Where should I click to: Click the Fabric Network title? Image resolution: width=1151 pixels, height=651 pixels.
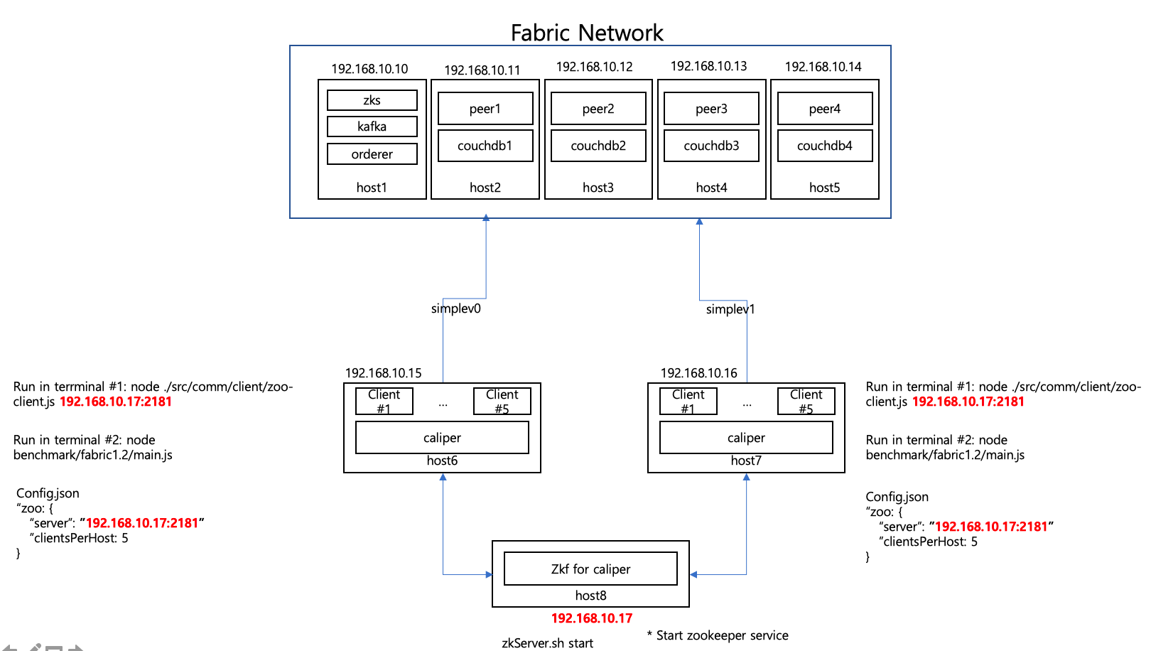587,33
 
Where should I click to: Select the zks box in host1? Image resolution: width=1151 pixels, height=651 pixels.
372,100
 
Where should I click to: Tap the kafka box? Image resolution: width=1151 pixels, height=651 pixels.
372,127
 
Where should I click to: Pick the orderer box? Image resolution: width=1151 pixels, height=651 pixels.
372,154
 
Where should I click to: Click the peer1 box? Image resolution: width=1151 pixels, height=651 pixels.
485,109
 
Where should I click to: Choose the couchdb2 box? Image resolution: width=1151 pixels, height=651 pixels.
598,146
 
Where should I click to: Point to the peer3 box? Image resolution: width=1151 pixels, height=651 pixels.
711,109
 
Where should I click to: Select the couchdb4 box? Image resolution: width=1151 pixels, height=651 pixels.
824,146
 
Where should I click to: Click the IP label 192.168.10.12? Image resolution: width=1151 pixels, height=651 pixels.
594,67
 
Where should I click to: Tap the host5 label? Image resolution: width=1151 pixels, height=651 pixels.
824,188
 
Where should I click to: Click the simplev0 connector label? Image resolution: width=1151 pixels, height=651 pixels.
456,308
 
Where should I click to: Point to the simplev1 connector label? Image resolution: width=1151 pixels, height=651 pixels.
730,309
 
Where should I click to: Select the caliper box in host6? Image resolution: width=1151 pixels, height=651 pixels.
442,438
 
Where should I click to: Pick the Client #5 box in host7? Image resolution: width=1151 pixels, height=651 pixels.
806,401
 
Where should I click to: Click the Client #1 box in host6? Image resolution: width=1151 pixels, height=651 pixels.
384,401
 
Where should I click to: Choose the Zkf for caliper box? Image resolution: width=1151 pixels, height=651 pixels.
590,569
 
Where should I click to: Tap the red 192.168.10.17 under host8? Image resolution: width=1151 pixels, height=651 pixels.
592,618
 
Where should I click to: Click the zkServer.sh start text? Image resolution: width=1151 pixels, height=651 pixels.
547,643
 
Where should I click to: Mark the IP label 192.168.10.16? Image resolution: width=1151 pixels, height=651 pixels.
699,373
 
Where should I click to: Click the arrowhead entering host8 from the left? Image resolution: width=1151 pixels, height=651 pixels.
489,574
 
